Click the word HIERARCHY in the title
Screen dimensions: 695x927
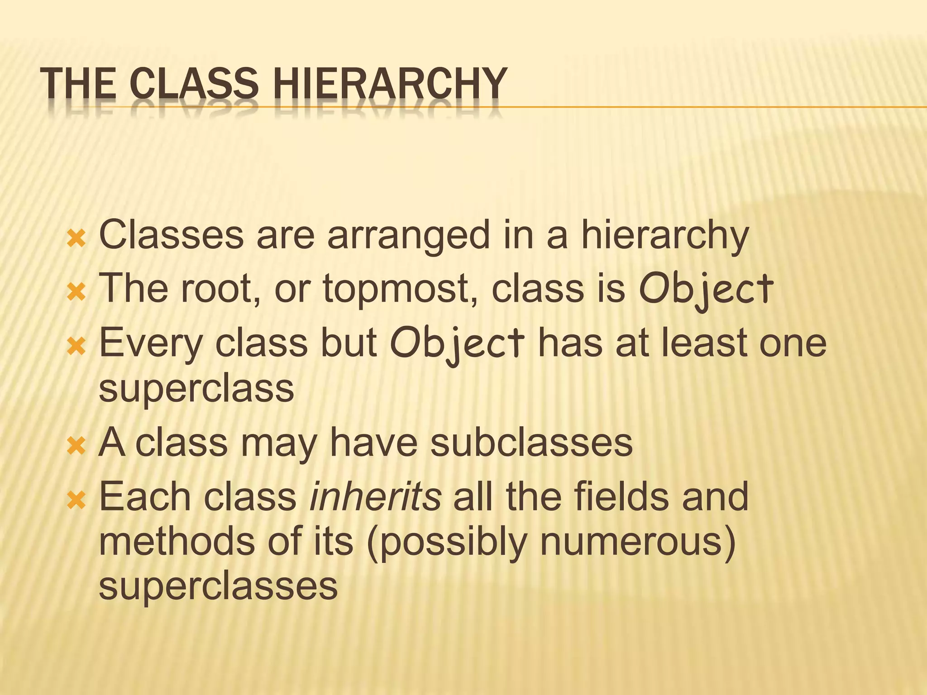click(x=390, y=83)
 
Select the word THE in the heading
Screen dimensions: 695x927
click(x=77, y=83)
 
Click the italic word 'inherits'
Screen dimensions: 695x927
click(x=375, y=497)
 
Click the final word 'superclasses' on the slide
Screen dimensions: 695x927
click(x=218, y=586)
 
